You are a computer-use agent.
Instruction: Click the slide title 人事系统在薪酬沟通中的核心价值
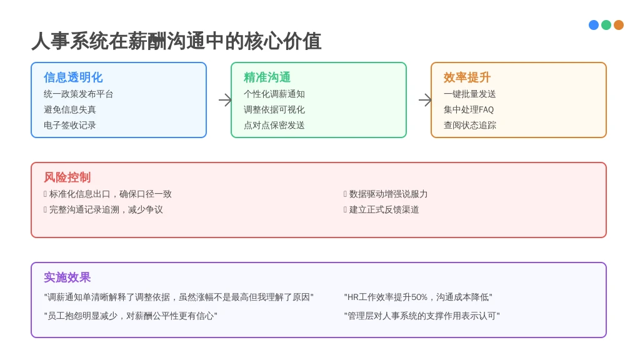176,41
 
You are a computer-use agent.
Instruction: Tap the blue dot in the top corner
594,25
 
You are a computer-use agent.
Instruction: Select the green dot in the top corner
606,25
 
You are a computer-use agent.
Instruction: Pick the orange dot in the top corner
619,25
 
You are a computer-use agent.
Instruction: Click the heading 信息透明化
73,77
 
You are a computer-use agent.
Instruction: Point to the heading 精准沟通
267,77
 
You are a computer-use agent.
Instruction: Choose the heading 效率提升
467,77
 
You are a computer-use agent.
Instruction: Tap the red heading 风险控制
67,177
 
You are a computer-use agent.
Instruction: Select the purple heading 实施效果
67,277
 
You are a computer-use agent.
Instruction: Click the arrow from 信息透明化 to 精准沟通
225,100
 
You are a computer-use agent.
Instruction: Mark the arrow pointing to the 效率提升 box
425,100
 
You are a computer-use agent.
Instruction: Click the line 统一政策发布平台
78,94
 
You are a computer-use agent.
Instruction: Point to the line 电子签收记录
70,125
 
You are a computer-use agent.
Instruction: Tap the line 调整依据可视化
274,109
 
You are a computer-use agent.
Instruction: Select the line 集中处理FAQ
469,109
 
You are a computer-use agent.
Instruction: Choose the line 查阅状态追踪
470,125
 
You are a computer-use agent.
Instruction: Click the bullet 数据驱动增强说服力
388,194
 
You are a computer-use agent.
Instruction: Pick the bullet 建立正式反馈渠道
384,209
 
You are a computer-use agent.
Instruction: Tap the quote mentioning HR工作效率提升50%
418,297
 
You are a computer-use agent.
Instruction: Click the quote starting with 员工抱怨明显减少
131,316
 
